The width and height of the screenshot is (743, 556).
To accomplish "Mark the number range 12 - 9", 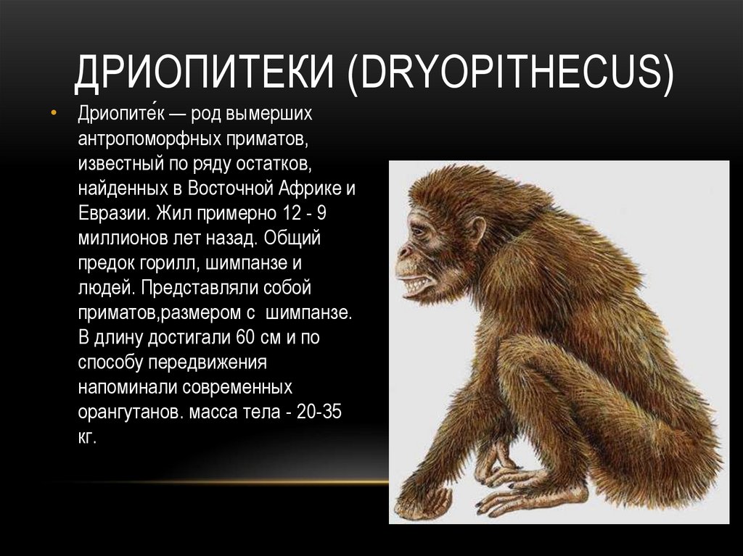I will click(305, 214).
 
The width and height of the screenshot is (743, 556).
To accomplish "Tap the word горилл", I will click(176, 264).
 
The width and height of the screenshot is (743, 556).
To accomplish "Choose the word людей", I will click(104, 289).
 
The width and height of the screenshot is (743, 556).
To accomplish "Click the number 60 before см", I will click(243, 339).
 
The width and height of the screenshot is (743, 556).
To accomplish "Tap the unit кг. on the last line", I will click(88, 439).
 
